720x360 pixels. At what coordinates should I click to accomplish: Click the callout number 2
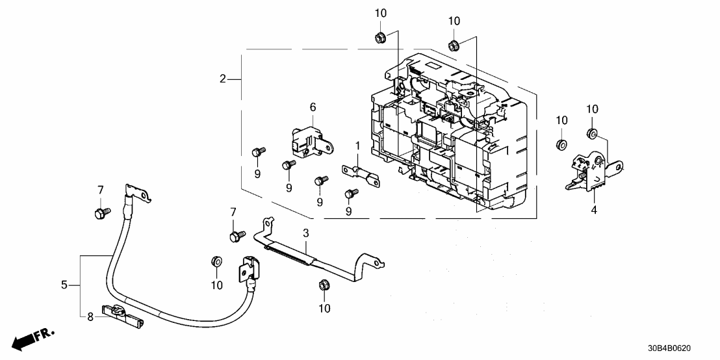point(222,79)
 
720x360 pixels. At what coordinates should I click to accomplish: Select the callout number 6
point(312,106)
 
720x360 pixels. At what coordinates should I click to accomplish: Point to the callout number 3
point(305,232)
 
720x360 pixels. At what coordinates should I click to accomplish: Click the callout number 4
point(593,210)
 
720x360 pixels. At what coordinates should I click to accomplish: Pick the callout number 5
point(64,285)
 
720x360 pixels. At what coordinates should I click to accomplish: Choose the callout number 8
point(90,317)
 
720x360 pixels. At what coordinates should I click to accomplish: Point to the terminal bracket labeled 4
point(589,172)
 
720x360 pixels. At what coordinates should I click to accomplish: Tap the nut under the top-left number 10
point(379,38)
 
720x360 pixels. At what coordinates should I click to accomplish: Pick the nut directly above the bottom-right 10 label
point(323,285)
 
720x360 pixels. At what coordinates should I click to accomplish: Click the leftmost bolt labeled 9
point(257,151)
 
